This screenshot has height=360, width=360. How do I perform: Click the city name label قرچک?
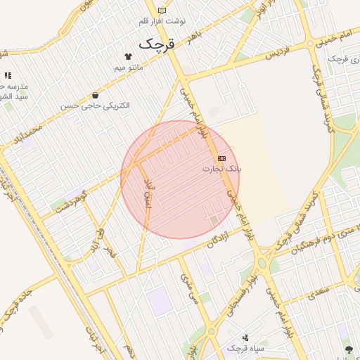tap(155, 44)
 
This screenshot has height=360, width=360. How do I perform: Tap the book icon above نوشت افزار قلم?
tap(163, 11)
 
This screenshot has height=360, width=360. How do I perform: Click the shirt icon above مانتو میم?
tap(128, 56)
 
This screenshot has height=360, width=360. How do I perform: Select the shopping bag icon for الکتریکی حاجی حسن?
tap(95, 95)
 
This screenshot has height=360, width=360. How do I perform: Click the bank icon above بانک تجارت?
tap(222, 158)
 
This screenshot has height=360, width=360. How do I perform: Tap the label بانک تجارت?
tap(221, 169)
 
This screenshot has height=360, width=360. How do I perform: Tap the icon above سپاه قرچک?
tap(245, 337)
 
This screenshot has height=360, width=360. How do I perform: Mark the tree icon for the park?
tap(348, 349)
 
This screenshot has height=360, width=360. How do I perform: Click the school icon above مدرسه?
tap(8, 75)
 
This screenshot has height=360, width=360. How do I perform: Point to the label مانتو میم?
tap(129, 67)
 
